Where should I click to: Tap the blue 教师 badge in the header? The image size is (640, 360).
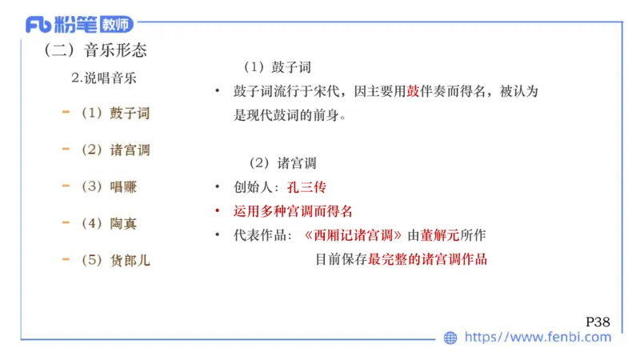pos(113,25)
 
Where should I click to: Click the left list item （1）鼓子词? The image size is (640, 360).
pos(115,113)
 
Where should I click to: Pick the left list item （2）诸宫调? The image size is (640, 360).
pos(115,150)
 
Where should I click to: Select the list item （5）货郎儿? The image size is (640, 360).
pos(115,260)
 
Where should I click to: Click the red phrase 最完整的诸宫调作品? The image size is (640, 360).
pos(427,259)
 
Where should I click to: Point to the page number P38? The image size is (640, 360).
pos(598,322)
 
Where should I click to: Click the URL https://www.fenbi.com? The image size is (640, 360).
pos(538,338)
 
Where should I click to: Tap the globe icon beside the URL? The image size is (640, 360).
pos(450,338)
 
